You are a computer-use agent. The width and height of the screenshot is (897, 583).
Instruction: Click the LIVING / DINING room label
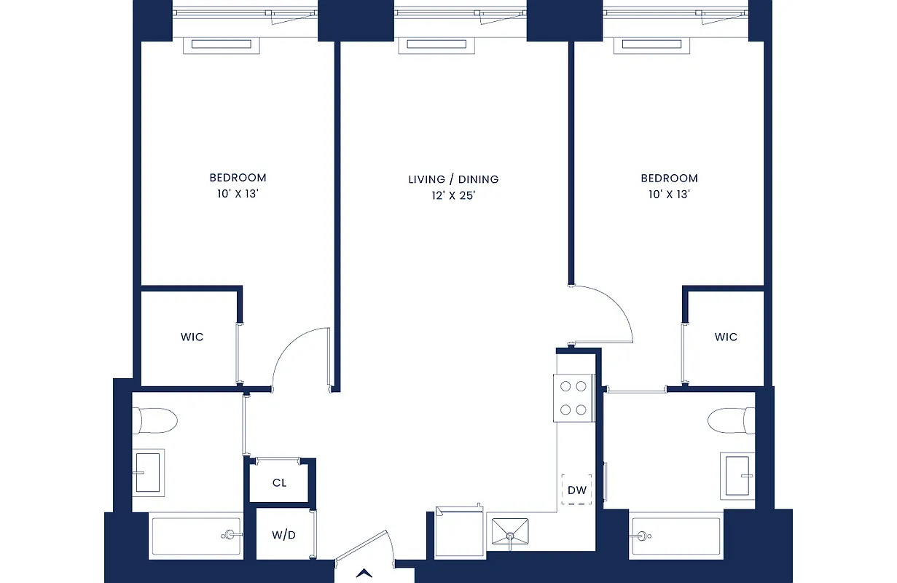point(453,179)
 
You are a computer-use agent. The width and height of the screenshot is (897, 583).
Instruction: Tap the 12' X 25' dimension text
point(453,195)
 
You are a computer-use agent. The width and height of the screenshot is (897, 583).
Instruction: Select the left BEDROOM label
point(238,178)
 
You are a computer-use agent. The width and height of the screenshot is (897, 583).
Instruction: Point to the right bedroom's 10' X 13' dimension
point(669,195)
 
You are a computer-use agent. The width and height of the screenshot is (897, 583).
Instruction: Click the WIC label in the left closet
point(192,337)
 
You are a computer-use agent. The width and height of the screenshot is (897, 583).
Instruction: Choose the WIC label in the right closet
point(726,337)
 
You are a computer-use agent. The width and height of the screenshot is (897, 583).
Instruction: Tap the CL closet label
point(279,482)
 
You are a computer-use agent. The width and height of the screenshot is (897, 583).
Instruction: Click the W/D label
point(284,535)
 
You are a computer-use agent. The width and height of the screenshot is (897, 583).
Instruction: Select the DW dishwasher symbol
point(577,490)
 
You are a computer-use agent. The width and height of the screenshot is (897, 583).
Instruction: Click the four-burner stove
point(573,398)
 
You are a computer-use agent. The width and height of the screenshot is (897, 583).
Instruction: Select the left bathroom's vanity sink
point(149,472)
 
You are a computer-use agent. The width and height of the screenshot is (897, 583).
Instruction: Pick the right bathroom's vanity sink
point(737,475)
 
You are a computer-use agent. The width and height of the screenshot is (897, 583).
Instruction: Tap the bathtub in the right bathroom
point(676,537)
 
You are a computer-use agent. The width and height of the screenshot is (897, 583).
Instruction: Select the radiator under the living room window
point(436,44)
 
